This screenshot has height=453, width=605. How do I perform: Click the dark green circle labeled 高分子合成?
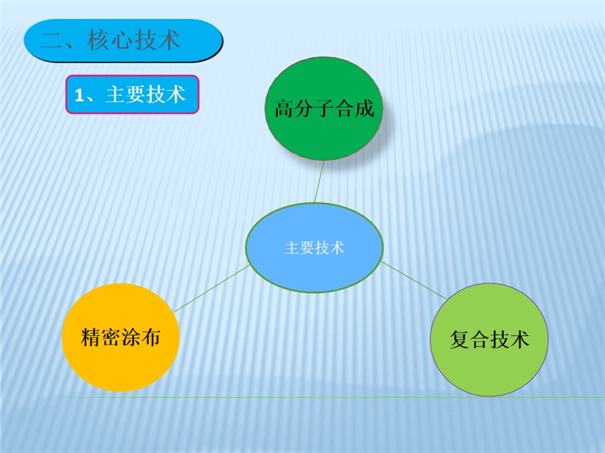pos(324,109)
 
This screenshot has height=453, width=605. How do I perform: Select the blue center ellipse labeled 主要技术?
pos(315,248)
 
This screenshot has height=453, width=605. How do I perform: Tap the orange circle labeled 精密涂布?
pos(121,337)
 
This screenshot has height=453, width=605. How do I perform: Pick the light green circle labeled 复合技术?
pos(489,339)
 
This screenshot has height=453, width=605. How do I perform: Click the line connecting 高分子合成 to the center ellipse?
pos(319,181)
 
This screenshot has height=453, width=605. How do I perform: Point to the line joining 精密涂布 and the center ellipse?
pos(212,288)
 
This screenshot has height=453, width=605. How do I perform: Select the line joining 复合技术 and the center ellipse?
pos(414,280)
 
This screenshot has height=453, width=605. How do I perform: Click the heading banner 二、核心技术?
pos(123,41)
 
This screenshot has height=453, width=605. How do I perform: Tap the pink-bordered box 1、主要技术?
pos(132,94)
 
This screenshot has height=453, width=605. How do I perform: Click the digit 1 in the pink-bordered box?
pos(79,95)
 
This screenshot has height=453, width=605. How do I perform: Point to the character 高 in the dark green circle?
pos(284,108)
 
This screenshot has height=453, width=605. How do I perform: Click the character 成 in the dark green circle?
pos(365,108)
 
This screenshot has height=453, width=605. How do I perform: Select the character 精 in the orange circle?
pos(91,337)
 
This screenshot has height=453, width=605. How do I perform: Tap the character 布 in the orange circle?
pos(150,337)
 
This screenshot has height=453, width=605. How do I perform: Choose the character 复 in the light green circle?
pos(460,339)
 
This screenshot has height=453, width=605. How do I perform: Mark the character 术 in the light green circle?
pos(520,339)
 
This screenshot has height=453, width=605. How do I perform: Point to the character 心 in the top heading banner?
pos(123,41)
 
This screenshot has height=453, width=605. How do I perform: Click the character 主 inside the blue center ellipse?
pos(292,248)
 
